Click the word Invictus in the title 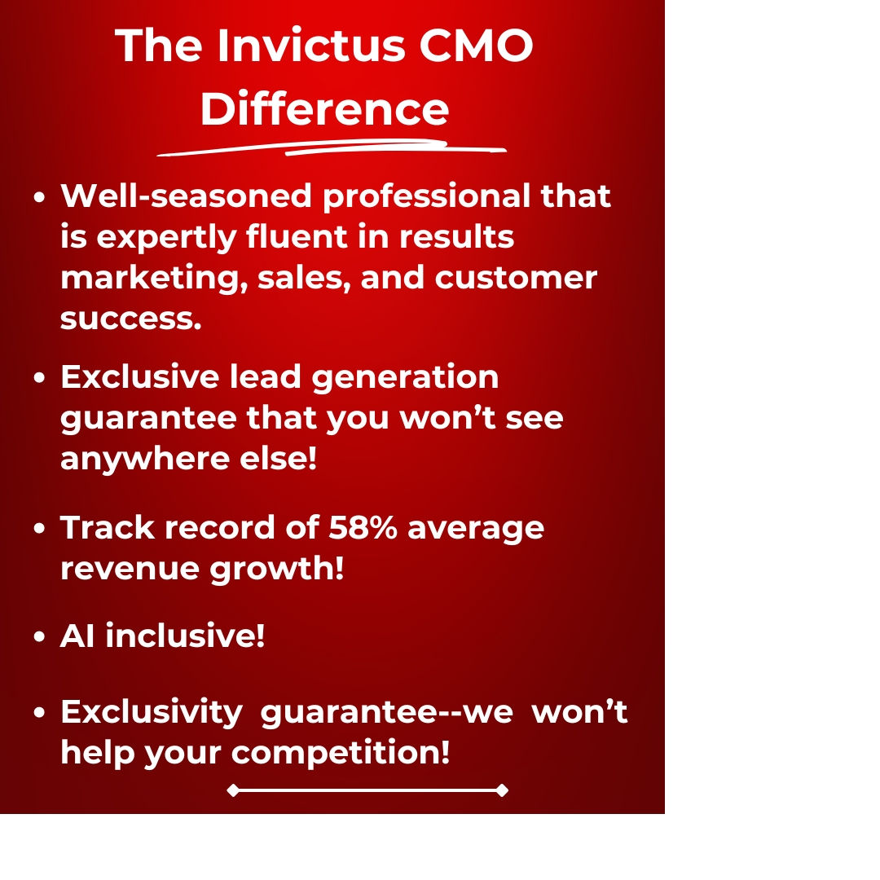[310, 46]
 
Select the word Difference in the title [324, 108]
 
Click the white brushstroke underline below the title [331, 148]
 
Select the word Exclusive [139, 377]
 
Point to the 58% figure [363, 528]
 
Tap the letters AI [77, 636]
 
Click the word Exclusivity [152, 712]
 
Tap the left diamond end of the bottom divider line [233, 790]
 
